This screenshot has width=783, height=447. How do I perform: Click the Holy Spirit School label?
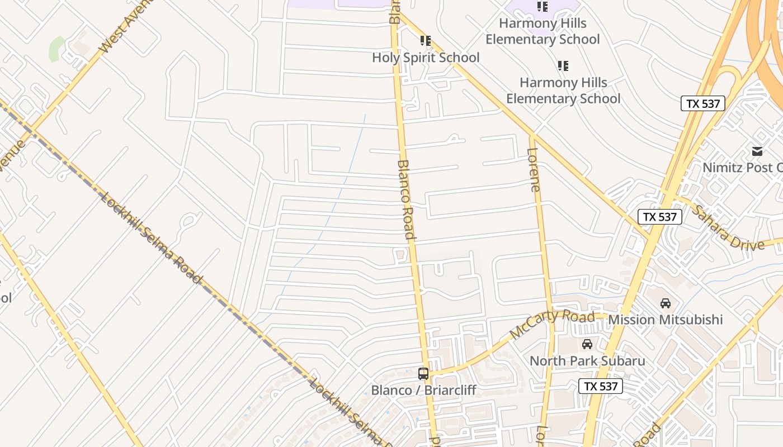pos(426,58)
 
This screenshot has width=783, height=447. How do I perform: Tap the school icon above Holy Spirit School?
pos(426,41)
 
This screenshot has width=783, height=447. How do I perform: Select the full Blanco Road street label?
pos(406,199)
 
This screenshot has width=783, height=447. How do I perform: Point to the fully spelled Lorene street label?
pos(534,170)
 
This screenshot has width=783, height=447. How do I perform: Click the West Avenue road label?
pos(126,26)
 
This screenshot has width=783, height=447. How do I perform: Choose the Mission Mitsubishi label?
pos(665,320)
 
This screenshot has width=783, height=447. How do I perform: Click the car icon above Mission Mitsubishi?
pos(665,303)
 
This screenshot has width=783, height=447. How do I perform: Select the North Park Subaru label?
pos(587,361)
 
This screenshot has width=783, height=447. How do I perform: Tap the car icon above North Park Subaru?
pos(587,344)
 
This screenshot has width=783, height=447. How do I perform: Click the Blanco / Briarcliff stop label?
pos(423,390)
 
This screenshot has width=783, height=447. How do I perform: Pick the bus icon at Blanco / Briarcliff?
pos(423,374)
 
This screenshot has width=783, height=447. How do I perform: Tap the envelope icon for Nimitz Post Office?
pos(757,151)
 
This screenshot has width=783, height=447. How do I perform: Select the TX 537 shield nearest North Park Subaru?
pos(600,386)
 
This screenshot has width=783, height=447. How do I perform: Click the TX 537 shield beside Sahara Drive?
pos(660,217)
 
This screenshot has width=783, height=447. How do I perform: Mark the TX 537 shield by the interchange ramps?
pos(702,103)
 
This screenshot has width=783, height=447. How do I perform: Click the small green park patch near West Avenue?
pos(56,49)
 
